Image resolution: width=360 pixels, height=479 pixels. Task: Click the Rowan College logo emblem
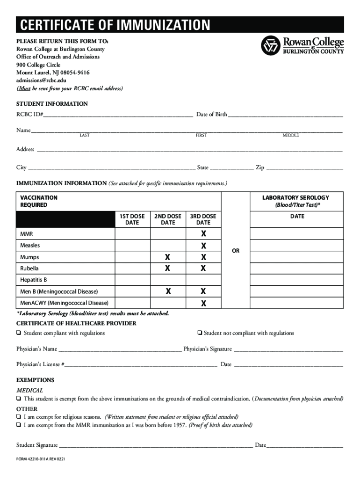pyautogui.click(x=271, y=45)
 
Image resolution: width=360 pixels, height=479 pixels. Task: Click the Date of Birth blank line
pyautogui.click(x=285, y=115)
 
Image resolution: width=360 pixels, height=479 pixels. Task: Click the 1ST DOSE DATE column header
pyautogui.click(x=132, y=219)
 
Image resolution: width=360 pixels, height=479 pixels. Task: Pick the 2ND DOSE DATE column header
pyautogui.click(x=168, y=219)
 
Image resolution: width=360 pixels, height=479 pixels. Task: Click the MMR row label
pyautogui.click(x=27, y=233)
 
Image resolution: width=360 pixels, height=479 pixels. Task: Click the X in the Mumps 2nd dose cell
pyautogui.click(x=168, y=257)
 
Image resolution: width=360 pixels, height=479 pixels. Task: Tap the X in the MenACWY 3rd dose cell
pyautogui.click(x=203, y=303)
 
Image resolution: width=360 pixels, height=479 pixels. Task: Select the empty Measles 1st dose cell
pyautogui.click(x=132, y=245)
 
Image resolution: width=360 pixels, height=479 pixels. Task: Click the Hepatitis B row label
pyautogui.click(x=34, y=280)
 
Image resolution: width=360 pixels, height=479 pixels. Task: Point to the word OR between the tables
pyautogui.click(x=236, y=251)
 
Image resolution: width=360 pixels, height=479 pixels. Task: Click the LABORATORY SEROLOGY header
pyautogui.click(x=295, y=198)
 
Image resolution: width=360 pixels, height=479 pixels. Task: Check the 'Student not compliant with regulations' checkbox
pyautogui.click(x=199, y=334)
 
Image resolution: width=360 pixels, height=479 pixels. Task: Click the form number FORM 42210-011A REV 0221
pyautogui.click(x=41, y=459)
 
